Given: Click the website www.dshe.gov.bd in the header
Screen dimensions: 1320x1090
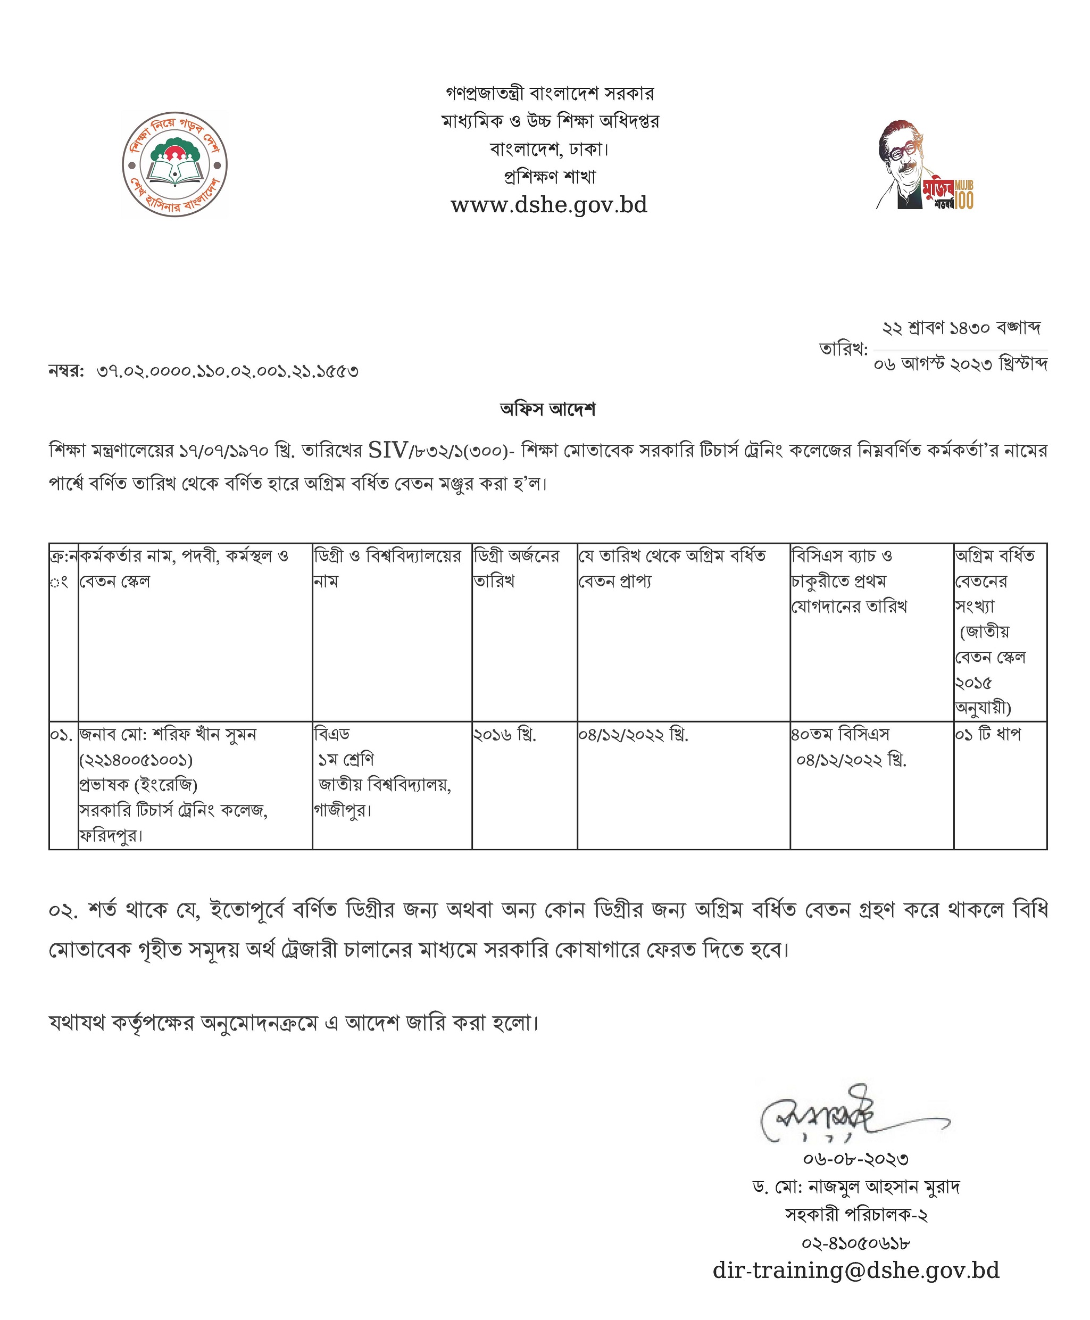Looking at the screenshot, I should (549, 205).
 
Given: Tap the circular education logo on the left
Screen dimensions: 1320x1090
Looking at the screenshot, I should (175, 165).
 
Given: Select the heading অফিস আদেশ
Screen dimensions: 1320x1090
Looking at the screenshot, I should (547, 410).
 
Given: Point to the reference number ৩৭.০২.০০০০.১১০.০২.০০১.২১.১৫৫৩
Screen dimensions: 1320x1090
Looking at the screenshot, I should (227, 371).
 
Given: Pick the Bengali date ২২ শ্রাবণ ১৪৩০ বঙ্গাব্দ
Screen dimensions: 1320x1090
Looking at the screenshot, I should (961, 328).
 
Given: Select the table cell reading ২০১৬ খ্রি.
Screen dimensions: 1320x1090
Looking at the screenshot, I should (505, 734).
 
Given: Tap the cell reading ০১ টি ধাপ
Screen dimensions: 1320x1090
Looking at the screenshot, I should (988, 734).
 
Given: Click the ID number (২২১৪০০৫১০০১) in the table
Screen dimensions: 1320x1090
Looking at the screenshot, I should (136, 760).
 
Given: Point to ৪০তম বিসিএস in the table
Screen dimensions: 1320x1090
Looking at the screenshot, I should (840, 734).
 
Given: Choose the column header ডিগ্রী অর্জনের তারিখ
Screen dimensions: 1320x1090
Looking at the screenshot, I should (516, 568).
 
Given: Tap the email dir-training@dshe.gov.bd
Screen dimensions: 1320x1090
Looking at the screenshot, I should (856, 1270).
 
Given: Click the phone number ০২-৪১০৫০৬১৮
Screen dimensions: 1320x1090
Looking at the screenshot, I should (856, 1242).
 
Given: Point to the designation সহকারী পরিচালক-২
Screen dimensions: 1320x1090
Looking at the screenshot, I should (856, 1215).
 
